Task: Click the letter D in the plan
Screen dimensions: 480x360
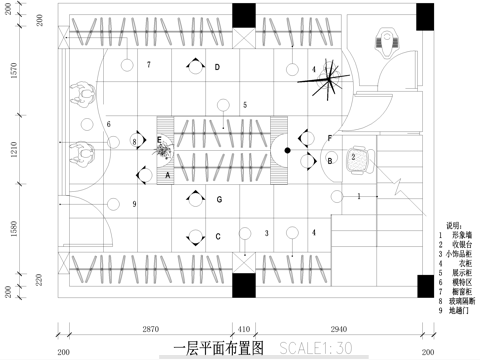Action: (x=217, y=68)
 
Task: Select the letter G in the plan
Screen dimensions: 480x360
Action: (x=218, y=200)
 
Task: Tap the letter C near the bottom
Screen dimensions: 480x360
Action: (x=217, y=238)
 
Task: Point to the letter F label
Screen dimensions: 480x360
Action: (x=330, y=137)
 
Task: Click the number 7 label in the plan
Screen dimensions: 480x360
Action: (x=147, y=65)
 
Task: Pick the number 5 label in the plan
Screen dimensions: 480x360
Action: (x=244, y=104)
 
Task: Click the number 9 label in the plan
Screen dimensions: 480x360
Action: (x=133, y=204)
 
